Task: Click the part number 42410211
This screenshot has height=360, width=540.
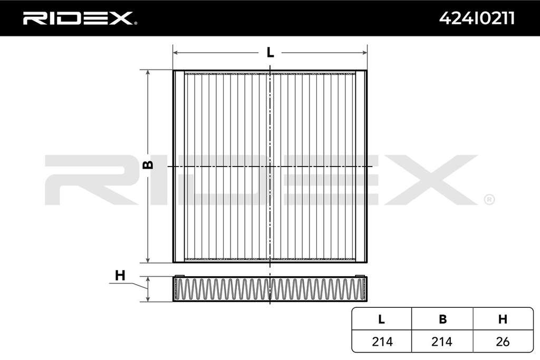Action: [x=477, y=18]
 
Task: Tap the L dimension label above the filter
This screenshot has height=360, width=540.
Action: [x=271, y=52]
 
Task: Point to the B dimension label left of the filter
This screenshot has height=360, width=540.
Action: [x=148, y=165]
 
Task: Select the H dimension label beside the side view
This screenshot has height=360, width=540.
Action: [x=120, y=275]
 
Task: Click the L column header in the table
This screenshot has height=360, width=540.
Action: [x=381, y=319]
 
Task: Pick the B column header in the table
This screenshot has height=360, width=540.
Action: [x=443, y=319]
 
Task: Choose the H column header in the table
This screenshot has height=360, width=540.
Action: [x=503, y=319]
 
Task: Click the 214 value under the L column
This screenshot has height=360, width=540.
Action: [x=382, y=342]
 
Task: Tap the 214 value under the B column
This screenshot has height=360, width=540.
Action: [x=442, y=342]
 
